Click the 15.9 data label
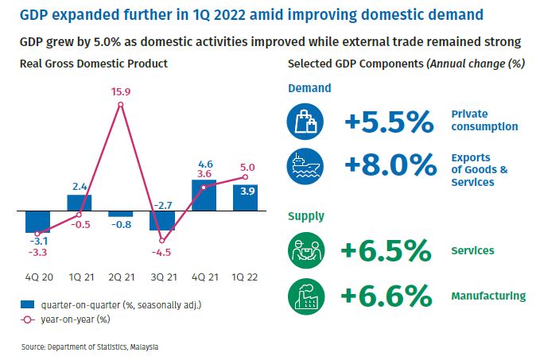(x=121, y=92)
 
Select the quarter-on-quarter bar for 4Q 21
(x=204, y=195)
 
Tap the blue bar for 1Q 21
(x=80, y=203)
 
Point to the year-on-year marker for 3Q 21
(x=162, y=241)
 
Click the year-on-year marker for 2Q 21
(x=121, y=105)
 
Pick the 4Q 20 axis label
(x=39, y=277)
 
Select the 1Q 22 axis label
(x=245, y=277)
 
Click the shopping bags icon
(x=305, y=122)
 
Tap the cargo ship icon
(x=305, y=166)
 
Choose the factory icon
(x=306, y=296)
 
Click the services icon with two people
(x=306, y=250)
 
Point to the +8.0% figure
(x=390, y=165)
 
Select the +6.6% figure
(x=386, y=296)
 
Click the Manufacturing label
(x=488, y=296)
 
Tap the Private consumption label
(x=484, y=120)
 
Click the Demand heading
(x=309, y=88)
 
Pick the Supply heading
(x=306, y=216)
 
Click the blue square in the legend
(x=28, y=304)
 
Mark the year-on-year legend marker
(x=28, y=319)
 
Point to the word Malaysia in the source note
(x=144, y=347)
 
